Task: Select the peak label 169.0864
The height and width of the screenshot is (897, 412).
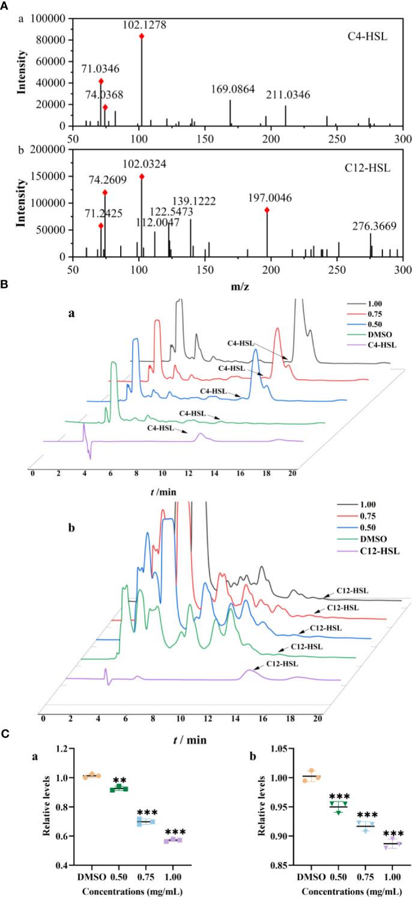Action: (x=233, y=89)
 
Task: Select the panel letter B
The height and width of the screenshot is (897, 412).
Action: (x=5, y=287)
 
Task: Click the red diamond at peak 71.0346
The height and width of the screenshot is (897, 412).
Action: (x=101, y=81)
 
